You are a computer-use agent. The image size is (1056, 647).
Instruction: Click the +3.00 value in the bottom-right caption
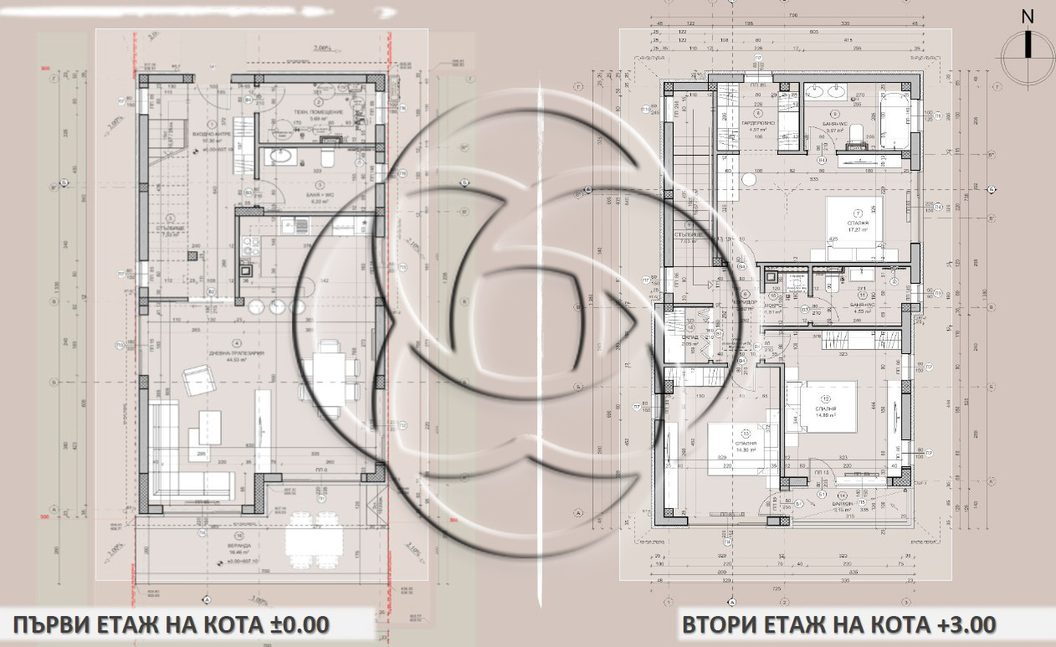[x=962, y=624]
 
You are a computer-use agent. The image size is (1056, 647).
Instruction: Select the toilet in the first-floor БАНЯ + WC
[x=328, y=157]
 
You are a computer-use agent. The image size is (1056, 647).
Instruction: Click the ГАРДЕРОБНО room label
[x=758, y=123]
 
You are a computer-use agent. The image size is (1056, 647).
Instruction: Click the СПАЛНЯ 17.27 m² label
[x=857, y=223]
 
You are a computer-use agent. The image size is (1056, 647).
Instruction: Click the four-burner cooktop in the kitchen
[x=250, y=245]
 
